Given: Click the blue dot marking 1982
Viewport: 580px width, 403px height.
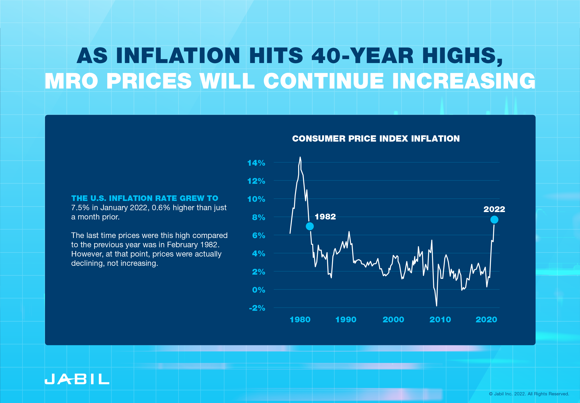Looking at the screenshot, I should (x=310, y=226).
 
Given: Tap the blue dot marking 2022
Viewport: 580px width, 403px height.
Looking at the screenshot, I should (x=494, y=220).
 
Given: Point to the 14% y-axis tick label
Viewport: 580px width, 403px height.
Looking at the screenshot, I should (x=256, y=163).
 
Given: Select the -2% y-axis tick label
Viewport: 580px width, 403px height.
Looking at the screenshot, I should (x=257, y=308).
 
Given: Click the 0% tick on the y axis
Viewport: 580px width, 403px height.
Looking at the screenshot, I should (x=258, y=290).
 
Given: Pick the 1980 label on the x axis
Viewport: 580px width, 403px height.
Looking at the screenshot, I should (x=300, y=320).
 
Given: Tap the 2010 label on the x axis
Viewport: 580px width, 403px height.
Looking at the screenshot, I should (x=440, y=320).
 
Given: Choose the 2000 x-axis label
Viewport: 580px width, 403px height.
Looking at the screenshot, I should (x=393, y=320).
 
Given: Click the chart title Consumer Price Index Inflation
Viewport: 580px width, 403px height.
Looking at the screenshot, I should (x=376, y=139).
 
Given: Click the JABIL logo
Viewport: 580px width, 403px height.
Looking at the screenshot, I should (x=77, y=379).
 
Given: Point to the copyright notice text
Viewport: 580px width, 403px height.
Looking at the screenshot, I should (x=529, y=394).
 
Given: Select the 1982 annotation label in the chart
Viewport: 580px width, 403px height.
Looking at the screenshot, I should (x=325, y=217).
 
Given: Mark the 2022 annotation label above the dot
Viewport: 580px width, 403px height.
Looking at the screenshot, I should (x=494, y=209).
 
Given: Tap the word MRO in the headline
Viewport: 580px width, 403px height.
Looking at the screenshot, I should (x=71, y=81).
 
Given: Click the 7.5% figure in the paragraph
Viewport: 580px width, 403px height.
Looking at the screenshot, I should (x=80, y=208).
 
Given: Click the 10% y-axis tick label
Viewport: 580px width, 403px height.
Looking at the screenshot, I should (x=256, y=199).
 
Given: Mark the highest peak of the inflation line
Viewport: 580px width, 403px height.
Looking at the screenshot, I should (x=300, y=157).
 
